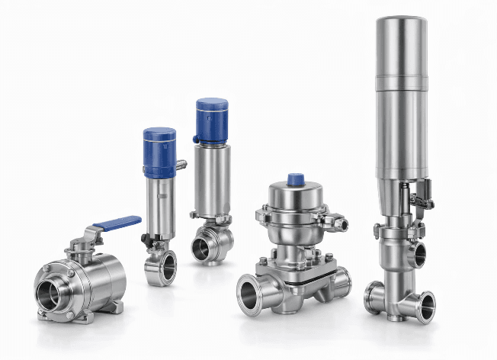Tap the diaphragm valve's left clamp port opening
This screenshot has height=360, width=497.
click(x=249, y=292)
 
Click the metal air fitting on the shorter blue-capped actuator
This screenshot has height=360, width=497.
click(x=181, y=165)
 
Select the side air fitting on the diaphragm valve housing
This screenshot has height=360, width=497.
click(x=338, y=223)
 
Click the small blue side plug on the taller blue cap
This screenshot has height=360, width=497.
click(x=196, y=139)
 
